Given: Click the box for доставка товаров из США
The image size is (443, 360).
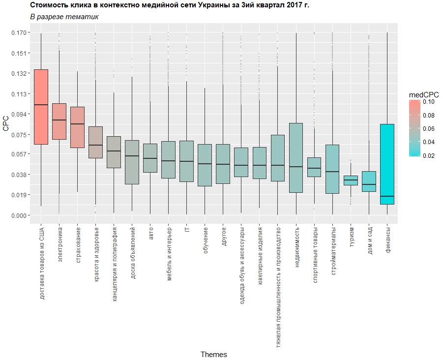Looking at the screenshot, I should pyautogui.click(x=41, y=107).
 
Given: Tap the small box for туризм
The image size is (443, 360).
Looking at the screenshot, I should pyautogui.click(x=351, y=180).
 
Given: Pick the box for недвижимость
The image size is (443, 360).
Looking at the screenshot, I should pyautogui.click(x=296, y=157).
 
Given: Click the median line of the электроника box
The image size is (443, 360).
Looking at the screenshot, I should pyautogui.click(x=59, y=120).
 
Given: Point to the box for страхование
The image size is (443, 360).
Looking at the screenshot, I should pyautogui.click(x=77, y=127).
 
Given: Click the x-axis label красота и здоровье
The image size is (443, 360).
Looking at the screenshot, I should pyautogui.click(x=96, y=254).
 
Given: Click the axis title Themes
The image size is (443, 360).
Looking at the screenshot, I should pyautogui.click(x=213, y=354).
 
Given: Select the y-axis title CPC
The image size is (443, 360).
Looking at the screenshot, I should pyautogui.click(x=6, y=124).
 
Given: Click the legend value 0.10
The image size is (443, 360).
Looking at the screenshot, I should pyautogui.click(x=428, y=102).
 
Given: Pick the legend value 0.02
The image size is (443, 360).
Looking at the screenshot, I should pyautogui.click(x=428, y=155).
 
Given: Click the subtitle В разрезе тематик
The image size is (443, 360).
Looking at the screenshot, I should pyautogui.click(x=64, y=17).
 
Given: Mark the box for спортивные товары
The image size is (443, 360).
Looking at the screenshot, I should pyautogui.click(x=314, y=167).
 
